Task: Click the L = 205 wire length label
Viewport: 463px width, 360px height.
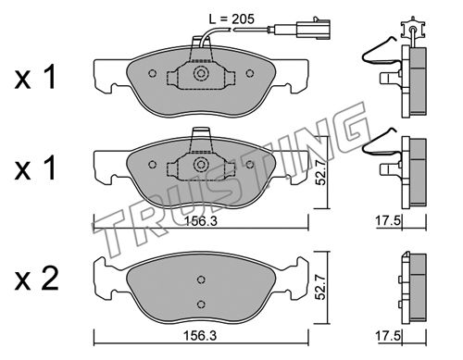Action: tap(231, 19)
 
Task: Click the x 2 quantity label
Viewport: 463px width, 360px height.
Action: tap(36, 279)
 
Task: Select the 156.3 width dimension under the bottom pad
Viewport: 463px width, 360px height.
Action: tap(200, 336)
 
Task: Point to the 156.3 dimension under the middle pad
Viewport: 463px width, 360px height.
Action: tap(201, 221)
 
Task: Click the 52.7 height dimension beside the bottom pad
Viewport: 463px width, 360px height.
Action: tap(321, 288)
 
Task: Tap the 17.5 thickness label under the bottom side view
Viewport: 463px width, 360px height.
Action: tap(388, 336)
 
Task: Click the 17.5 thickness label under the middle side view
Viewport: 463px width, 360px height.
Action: tap(388, 221)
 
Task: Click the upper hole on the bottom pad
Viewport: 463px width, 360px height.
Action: tap(201, 279)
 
